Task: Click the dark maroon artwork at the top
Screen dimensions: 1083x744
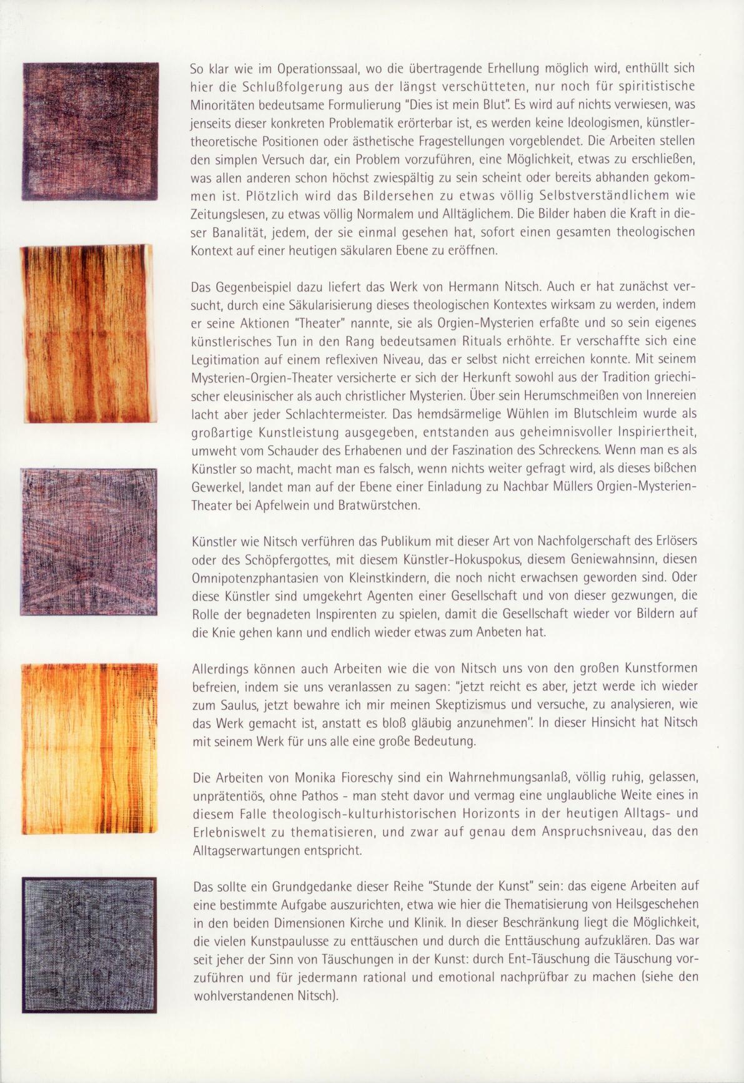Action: tap(90, 132)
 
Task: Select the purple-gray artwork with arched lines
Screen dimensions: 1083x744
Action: tap(89, 541)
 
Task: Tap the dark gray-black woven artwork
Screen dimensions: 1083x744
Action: tap(89, 944)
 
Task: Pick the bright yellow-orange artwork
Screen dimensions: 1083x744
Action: tap(88, 748)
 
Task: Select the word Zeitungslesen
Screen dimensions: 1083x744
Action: tap(227, 214)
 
